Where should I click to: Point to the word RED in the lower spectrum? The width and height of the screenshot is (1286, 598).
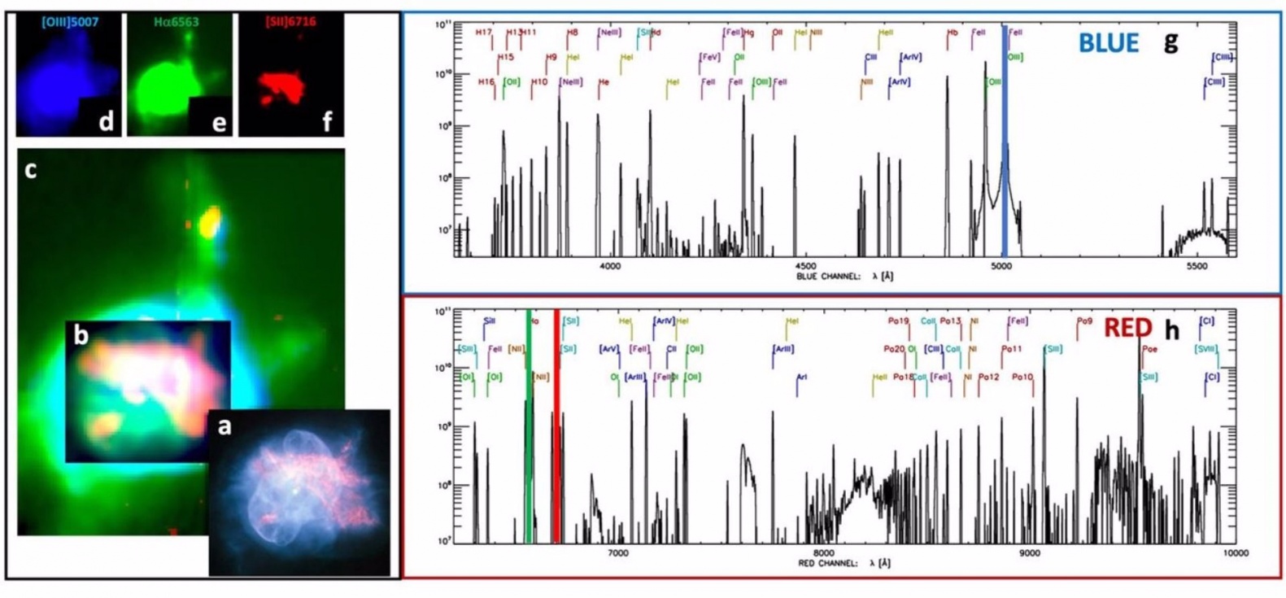[x=1128, y=329]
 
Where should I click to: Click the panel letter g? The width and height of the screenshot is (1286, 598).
[x=1170, y=41]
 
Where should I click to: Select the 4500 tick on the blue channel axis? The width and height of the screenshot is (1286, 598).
[x=805, y=266]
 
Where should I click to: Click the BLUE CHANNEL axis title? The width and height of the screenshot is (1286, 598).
[x=845, y=277]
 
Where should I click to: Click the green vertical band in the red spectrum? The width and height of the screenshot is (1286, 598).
[x=529, y=423]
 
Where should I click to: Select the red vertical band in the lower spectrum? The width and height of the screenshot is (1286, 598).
[x=556, y=423]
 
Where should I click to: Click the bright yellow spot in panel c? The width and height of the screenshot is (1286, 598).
[x=210, y=220]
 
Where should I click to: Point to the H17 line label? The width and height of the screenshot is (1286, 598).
[x=483, y=33]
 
